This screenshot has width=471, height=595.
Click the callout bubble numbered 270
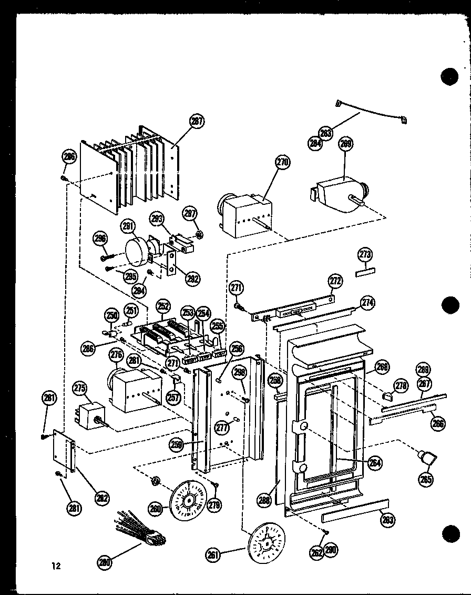pos(282,163)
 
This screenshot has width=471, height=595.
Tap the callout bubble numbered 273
pos(365,254)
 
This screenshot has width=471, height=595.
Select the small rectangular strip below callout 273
pos(364,273)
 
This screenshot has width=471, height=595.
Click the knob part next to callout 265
pos(426,458)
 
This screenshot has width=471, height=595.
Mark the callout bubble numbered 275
pos(79,388)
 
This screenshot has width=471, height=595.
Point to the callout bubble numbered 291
pos(127,226)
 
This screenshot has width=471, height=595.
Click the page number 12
pos(56,567)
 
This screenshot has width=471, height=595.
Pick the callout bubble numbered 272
pos(335,281)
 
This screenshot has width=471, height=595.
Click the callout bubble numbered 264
pos(375,463)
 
